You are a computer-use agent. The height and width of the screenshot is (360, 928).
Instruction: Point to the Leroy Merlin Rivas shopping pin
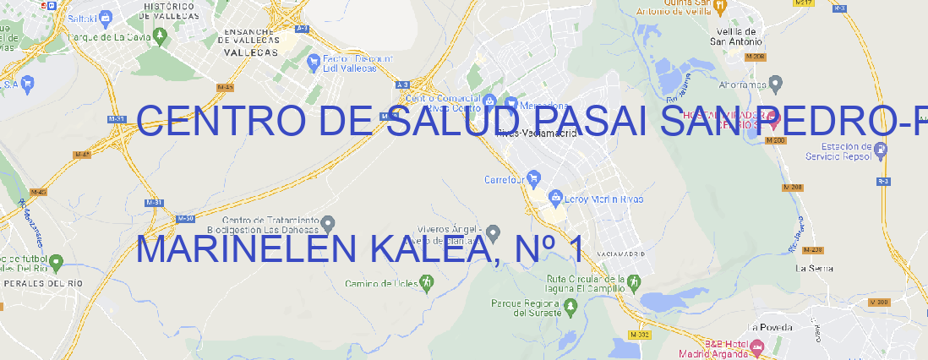pyautogui.click(x=555, y=199)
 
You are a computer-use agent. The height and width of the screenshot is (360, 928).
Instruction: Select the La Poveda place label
pyautogui.click(x=770, y=327)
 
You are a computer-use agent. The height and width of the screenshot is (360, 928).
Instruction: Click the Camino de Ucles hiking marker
pyautogui.click(x=427, y=281)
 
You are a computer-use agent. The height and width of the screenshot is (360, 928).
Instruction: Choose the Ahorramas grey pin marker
pyautogui.click(x=777, y=84)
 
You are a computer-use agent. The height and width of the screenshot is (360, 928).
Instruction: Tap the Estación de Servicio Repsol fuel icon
pyautogui.click(x=881, y=150)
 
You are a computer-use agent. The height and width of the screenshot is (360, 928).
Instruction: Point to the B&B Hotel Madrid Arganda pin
pyautogui.click(x=757, y=346)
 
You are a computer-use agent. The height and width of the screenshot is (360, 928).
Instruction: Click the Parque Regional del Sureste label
pyautogui.click(x=526, y=308)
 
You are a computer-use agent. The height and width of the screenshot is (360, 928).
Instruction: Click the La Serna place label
pyautogui.click(x=815, y=268)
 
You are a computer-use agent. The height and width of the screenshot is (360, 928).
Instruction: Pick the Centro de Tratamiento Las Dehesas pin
pyautogui.click(x=328, y=223)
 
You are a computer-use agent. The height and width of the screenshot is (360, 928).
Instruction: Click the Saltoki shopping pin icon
pyautogui.click(x=105, y=16)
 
